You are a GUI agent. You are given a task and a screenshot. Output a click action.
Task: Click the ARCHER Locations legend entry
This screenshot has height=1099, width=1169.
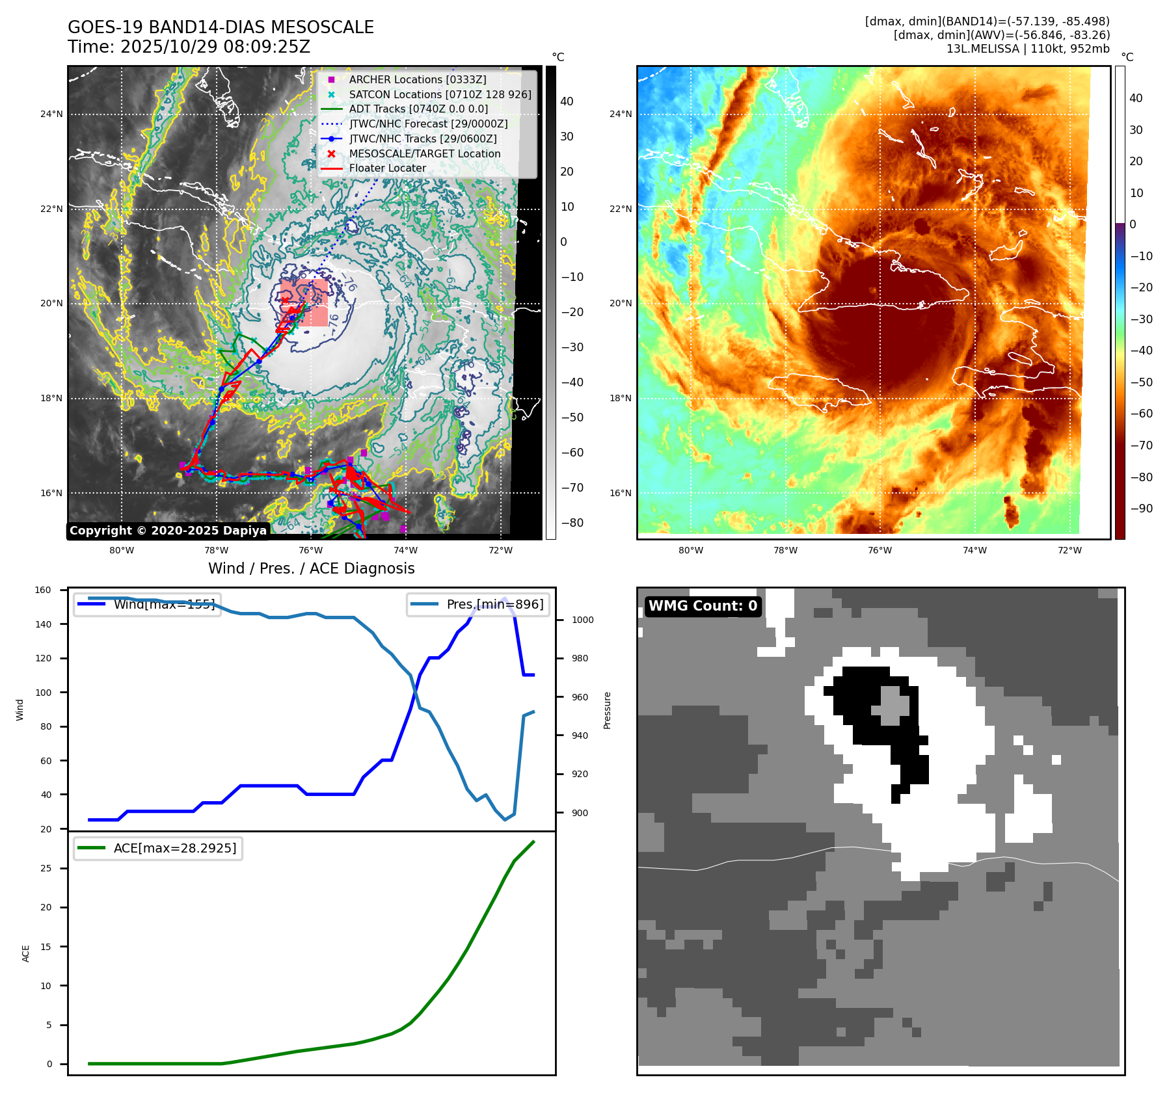[x=417, y=79]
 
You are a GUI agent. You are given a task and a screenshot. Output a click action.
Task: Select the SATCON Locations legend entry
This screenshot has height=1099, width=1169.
[x=440, y=94]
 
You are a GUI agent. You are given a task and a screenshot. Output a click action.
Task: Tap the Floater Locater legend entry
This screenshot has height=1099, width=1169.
[x=387, y=168]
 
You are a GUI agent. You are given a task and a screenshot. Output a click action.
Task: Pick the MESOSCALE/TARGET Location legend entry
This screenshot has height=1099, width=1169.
[x=424, y=153]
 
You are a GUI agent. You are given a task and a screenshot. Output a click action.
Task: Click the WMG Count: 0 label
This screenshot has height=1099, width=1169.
[x=703, y=606]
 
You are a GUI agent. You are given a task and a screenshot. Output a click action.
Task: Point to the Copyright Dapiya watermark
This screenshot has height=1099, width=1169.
[x=168, y=531]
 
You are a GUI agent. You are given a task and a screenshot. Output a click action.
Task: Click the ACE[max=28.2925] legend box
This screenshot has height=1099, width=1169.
[x=158, y=848]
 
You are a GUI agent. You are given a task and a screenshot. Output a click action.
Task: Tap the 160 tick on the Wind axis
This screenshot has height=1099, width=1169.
[x=43, y=590]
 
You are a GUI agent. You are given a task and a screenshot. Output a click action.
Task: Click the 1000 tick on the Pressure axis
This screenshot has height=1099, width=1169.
[x=582, y=620]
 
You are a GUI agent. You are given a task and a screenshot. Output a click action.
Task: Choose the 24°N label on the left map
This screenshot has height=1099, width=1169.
[x=51, y=114]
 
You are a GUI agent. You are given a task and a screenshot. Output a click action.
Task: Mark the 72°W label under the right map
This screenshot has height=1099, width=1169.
[x=1069, y=550]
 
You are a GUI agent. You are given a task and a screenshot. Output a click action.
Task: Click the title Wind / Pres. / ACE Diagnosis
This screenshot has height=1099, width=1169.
[x=311, y=568]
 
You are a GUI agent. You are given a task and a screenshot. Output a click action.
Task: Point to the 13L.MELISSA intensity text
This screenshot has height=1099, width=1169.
[x=1028, y=49]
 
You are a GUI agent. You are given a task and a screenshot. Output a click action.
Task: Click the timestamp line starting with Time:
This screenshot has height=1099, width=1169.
[x=189, y=47]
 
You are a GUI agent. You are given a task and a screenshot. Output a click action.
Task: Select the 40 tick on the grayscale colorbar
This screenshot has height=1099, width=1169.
[x=567, y=101]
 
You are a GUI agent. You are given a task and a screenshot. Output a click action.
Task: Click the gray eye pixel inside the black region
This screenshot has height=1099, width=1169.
[x=894, y=705]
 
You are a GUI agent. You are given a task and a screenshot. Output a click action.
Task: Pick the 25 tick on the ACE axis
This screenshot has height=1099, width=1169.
[x=46, y=868]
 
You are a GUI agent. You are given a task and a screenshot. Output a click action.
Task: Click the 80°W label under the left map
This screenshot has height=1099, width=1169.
[x=122, y=550]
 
